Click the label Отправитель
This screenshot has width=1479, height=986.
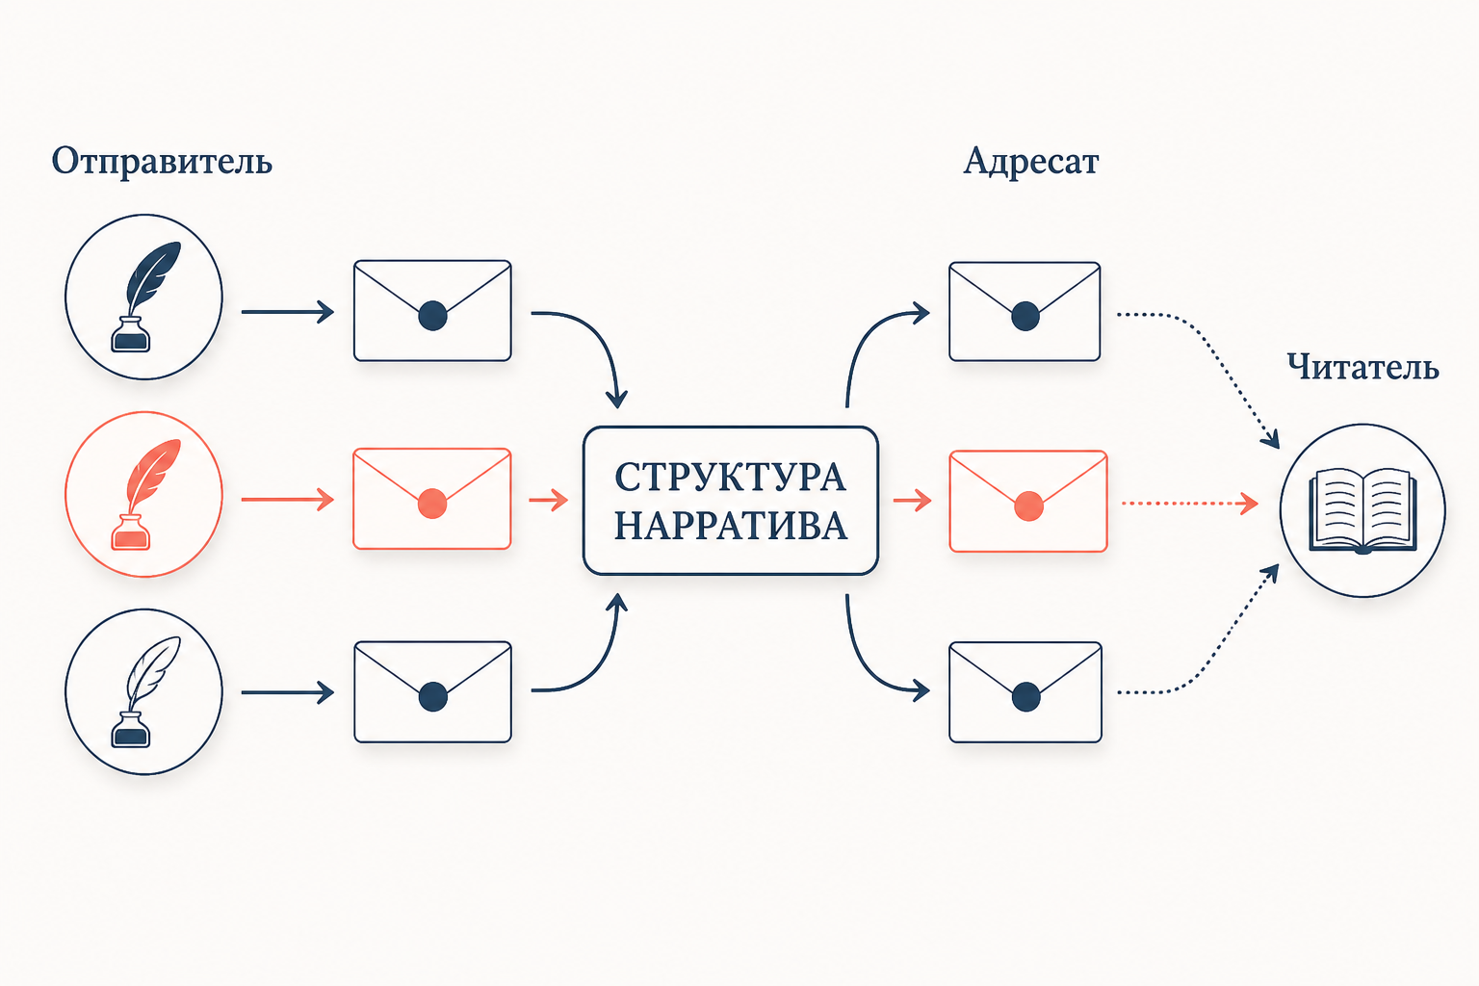tap(162, 162)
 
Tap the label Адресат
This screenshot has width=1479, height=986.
tap(1030, 162)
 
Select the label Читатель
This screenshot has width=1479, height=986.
tap(1362, 367)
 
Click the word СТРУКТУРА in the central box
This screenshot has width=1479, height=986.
tap(730, 477)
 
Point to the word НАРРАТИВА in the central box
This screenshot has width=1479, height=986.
tap(730, 527)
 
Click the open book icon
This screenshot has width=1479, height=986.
tap(1362, 511)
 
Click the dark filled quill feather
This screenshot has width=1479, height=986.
tap(153, 276)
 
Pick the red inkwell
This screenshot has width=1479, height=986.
tap(131, 532)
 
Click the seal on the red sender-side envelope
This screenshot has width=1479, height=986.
tap(432, 504)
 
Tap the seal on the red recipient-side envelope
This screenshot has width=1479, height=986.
tap(1028, 506)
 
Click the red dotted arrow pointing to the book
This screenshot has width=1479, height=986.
tap(1190, 504)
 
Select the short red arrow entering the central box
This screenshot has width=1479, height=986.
tap(549, 500)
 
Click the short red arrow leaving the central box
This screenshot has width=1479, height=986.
tap(913, 501)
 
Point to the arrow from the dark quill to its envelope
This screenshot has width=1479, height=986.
tap(288, 312)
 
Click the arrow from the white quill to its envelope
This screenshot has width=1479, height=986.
tap(288, 692)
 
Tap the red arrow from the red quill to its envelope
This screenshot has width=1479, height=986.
tap(288, 500)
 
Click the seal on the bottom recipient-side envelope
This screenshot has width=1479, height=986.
tap(1026, 697)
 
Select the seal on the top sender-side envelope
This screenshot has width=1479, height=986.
tap(432, 315)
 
